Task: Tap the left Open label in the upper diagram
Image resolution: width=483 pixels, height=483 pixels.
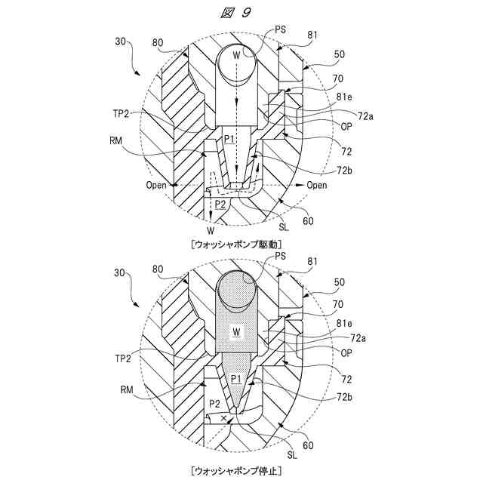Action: (157, 185)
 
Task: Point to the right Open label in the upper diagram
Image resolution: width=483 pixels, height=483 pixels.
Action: (317, 185)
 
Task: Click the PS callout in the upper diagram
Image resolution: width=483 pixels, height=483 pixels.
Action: (260, 29)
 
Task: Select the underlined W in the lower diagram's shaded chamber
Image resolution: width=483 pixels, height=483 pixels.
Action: (237, 331)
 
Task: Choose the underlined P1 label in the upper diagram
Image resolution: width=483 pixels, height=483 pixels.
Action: (229, 140)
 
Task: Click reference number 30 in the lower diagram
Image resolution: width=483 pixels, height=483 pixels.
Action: (120, 272)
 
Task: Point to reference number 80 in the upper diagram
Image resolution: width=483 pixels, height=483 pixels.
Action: (158, 42)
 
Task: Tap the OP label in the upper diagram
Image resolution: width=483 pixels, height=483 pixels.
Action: (347, 126)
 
